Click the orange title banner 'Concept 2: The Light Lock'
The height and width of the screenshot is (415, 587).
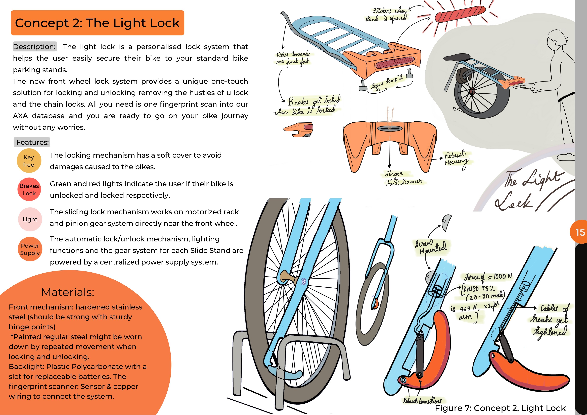pos(97,23)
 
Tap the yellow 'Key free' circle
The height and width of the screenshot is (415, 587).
pos(29,161)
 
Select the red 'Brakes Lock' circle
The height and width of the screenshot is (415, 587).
pos(29,189)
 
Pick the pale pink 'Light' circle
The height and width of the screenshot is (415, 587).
pos(30,219)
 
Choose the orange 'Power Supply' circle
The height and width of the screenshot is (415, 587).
pos(30,249)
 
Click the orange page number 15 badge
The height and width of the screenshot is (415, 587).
pos(579,232)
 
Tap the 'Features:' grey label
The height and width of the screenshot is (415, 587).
pos(32,142)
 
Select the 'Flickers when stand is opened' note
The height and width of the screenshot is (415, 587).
pos(386,15)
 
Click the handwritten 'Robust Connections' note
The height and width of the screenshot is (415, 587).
pos(422,400)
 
